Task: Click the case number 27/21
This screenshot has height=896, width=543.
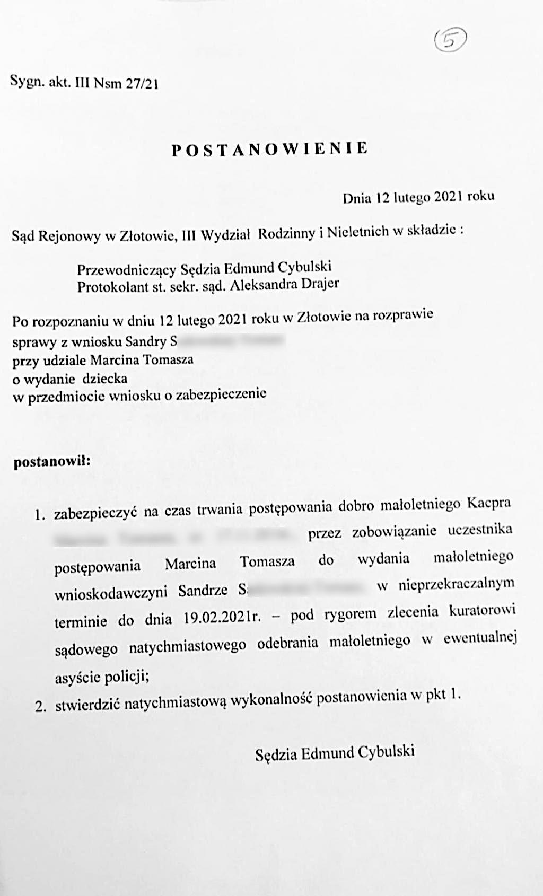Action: [x=142, y=84]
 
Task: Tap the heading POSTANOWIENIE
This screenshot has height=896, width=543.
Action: [x=270, y=149]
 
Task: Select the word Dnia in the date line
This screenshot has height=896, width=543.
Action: [x=357, y=198]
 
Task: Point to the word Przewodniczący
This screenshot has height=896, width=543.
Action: [x=126, y=269]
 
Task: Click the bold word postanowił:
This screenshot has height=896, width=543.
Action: [x=52, y=461]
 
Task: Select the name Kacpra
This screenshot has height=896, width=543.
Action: [x=488, y=503]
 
